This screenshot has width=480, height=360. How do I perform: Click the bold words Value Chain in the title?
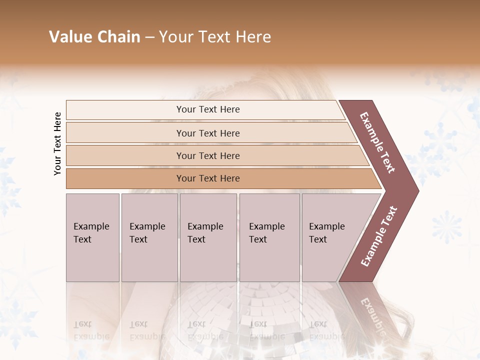[94, 37]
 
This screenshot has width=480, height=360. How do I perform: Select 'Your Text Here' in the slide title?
[215, 37]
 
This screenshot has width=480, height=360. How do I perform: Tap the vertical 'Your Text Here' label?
[57, 143]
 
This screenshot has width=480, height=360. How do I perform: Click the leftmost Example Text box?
[92, 237]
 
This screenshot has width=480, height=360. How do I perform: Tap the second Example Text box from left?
[149, 237]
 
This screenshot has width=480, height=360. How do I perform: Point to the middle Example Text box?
[208, 237]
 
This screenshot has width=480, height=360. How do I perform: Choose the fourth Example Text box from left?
[269, 237]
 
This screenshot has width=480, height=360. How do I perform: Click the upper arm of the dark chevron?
[377, 142]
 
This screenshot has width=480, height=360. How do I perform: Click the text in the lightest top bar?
[208, 109]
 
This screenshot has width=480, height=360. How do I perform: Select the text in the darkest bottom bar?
[208, 178]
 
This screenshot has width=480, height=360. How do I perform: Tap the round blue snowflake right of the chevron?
[446, 226]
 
